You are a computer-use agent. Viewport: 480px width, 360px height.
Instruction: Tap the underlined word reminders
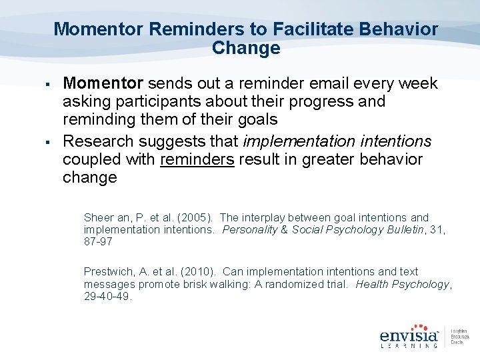pos(197,160)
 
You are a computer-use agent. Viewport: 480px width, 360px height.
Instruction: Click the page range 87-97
pos(98,241)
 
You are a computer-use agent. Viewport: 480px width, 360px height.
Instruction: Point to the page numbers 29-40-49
pos(108,296)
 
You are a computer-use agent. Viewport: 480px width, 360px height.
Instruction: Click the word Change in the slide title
pos(245,48)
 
